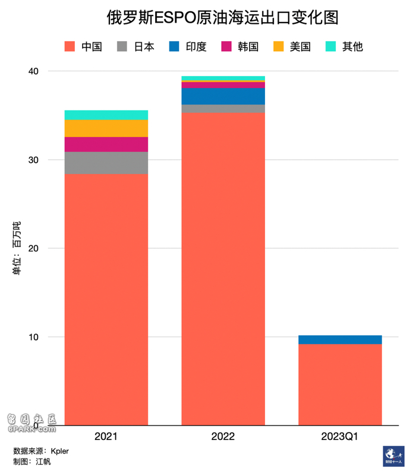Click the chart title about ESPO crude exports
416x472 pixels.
[x=222, y=17]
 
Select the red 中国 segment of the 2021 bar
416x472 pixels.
[x=106, y=297]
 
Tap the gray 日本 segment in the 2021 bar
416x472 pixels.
[x=106, y=162]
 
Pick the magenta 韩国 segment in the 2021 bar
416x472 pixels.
[x=106, y=144]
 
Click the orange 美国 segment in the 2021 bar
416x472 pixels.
[x=106, y=128]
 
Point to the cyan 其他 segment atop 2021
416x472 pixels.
[x=106, y=115]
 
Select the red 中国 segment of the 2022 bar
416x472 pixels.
[x=223, y=268]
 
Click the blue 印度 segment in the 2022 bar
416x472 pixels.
[x=223, y=96]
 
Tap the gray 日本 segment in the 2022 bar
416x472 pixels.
[x=223, y=108]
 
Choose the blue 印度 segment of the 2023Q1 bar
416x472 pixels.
[x=340, y=339]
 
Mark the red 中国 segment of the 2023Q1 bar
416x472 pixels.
[x=340, y=383]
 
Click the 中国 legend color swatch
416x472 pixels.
[x=70, y=46]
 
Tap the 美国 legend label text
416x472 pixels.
[x=300, y=46]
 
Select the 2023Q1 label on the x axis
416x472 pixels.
[x=340, y=436]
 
